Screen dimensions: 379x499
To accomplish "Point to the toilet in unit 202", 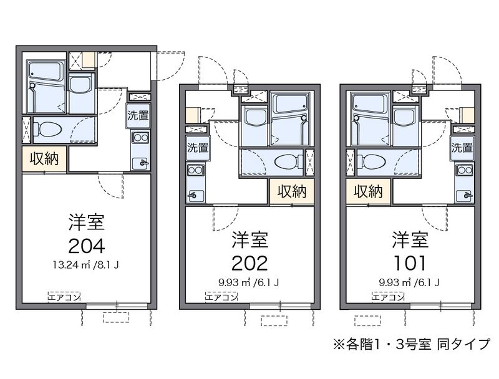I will click(x=286, y=161).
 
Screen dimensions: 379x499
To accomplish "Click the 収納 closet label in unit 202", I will click(x=291, y=191).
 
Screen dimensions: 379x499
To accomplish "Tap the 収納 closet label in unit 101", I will click(x=368, y=191).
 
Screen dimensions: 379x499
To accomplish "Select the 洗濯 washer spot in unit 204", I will click(x=139, y=115).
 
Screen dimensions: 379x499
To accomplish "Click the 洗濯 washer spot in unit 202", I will click(x=196, y=148).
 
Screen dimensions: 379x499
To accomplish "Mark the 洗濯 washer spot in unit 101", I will click(x=462, y=148).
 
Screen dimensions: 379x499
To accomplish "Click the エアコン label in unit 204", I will click(x=65, y=297).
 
